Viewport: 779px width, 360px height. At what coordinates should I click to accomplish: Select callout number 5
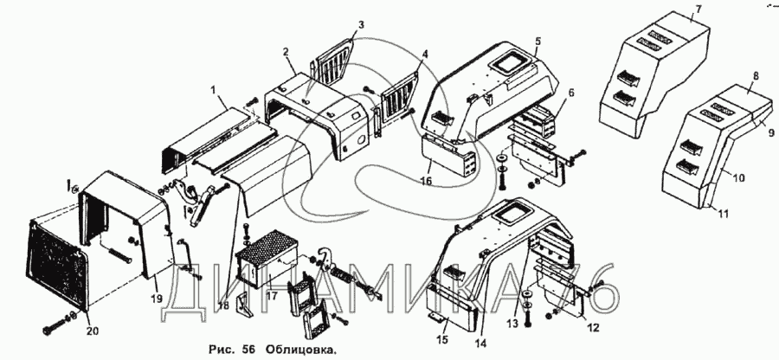click(x=538, y=41)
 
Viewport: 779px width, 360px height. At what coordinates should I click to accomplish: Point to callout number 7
click(x=696, y=11)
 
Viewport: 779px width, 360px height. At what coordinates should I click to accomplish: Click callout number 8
click(x=755, y=77)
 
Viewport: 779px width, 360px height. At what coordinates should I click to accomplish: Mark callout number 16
click(x=426, y=180)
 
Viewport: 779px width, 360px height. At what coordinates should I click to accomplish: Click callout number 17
click(x=272, y=295)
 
